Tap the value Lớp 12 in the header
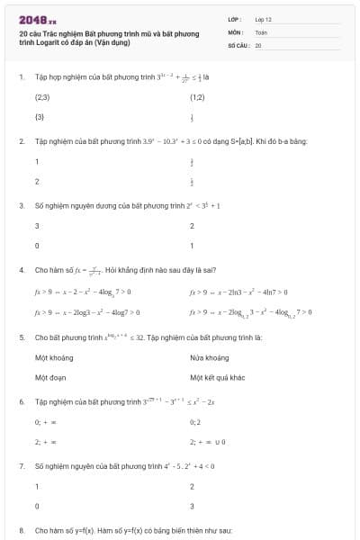(263, 19)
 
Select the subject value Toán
(261, 31)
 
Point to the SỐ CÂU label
(238, 44)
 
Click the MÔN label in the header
(235, 31)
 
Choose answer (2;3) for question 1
(42, 95)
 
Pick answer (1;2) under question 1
(197, 95)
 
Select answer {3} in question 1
(40, 117)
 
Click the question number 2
(22, 142)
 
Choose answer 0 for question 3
(37, 246)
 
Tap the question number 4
(22, 269)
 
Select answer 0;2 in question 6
(196, 421)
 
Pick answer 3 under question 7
(192, 507)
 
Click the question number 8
(22, 531)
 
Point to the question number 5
(22, 337)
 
